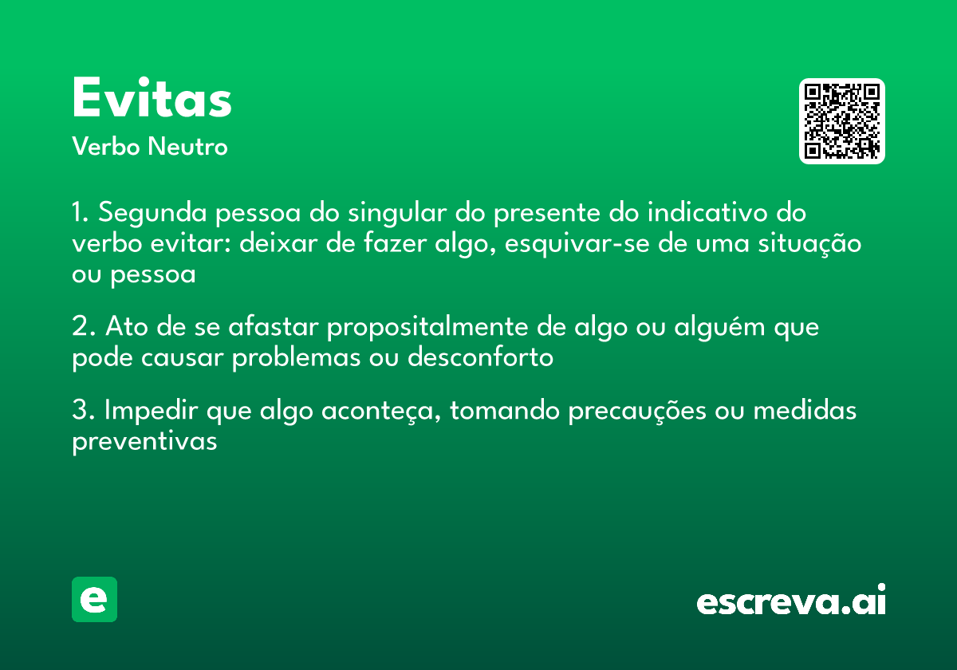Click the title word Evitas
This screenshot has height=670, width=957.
pyautogui.click(x=152, y=99)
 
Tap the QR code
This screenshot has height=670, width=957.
pyautogui.click(x=842, y=121)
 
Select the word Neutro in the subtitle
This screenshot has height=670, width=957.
pyautogui.click(x=187, y=147)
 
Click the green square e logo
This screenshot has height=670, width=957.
pyautogui.click(x=94, y=599)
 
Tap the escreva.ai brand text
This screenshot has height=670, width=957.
pyautogui.click(x=791, y=601)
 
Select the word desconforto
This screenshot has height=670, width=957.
pyautogui.click(x=480, y=357)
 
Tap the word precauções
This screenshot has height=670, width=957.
pyautogui.click(x=640, y=412)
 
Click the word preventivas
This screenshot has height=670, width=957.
pyautogui.click(x=144, y=442)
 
